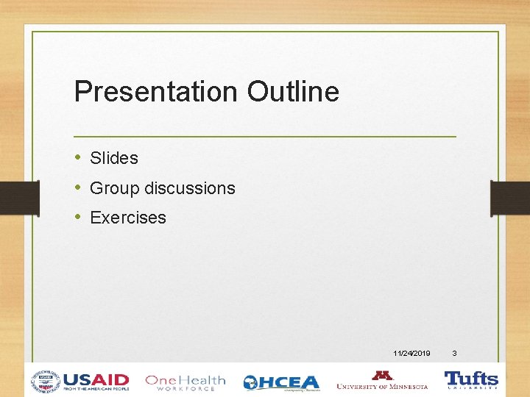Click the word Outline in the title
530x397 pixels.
[x=293, y=92]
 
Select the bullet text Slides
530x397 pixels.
[x=113, y=158]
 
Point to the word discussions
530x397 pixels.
[x=190, y=188]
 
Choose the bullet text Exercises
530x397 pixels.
[x=128, y=218]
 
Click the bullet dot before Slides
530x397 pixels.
[x=78, y=158]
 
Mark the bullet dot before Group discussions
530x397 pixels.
[x=78, y=188]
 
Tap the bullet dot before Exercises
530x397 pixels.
[x=78, y=218]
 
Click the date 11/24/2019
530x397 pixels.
[x=412, y=354]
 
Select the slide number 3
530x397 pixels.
[x=454, y=354]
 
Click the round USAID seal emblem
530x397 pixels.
[x=45, y=382]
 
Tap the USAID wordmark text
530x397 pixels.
[x=96, y=379]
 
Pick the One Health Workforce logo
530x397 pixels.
[x=185, y=382]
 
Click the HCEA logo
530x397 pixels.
[x=282, y=382]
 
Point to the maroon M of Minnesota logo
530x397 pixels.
[x=382, y=375]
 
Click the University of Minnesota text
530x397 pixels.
[x=382, y=386]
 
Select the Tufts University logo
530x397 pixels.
[x=471, y=380]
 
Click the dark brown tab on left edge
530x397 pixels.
[x=19, y=197]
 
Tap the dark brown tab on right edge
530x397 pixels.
[x=510, y=197]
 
